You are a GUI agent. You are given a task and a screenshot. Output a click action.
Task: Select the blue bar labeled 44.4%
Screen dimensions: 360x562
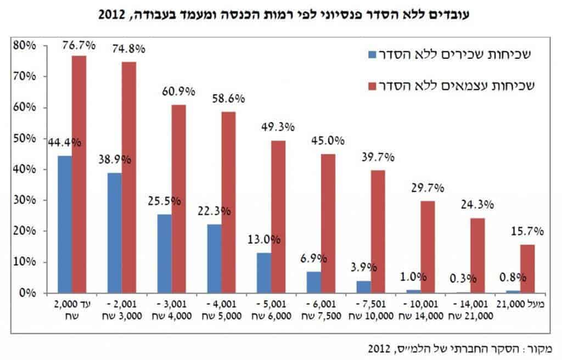65,224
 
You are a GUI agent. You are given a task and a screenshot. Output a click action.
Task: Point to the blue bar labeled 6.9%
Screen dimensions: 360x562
314,282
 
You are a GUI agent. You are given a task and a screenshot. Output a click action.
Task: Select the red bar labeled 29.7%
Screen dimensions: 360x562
428,247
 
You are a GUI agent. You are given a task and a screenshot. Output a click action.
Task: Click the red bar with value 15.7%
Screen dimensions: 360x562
527,269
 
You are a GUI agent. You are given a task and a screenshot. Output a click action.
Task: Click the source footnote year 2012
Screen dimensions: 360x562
380,348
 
